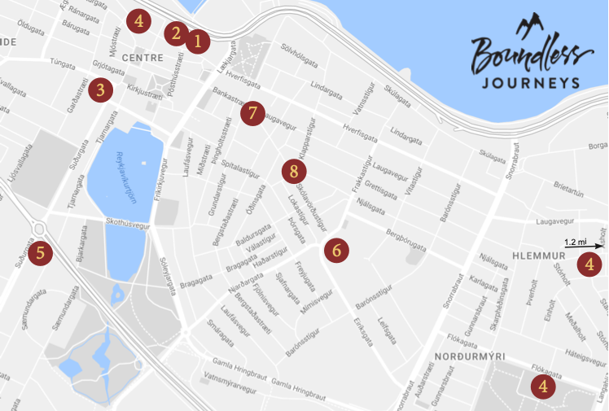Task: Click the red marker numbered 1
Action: pyautogui.click(x=196, y=40)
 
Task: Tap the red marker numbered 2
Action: pyautogui.click(x=174, y=33)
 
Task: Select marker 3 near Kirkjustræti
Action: pyautogui.click(x=99, y=89)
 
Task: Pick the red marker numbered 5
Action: pyautogui.click(x=43, y=252)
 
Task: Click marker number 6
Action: pyautogui.click(x=336, y=250)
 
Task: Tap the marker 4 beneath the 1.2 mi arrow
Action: pyautogui.click(x=589, y=263)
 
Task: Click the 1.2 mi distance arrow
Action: pyautogui.click(x=585, y=243)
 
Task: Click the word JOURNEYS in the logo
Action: pyautogui.click(x=530, y=82)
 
